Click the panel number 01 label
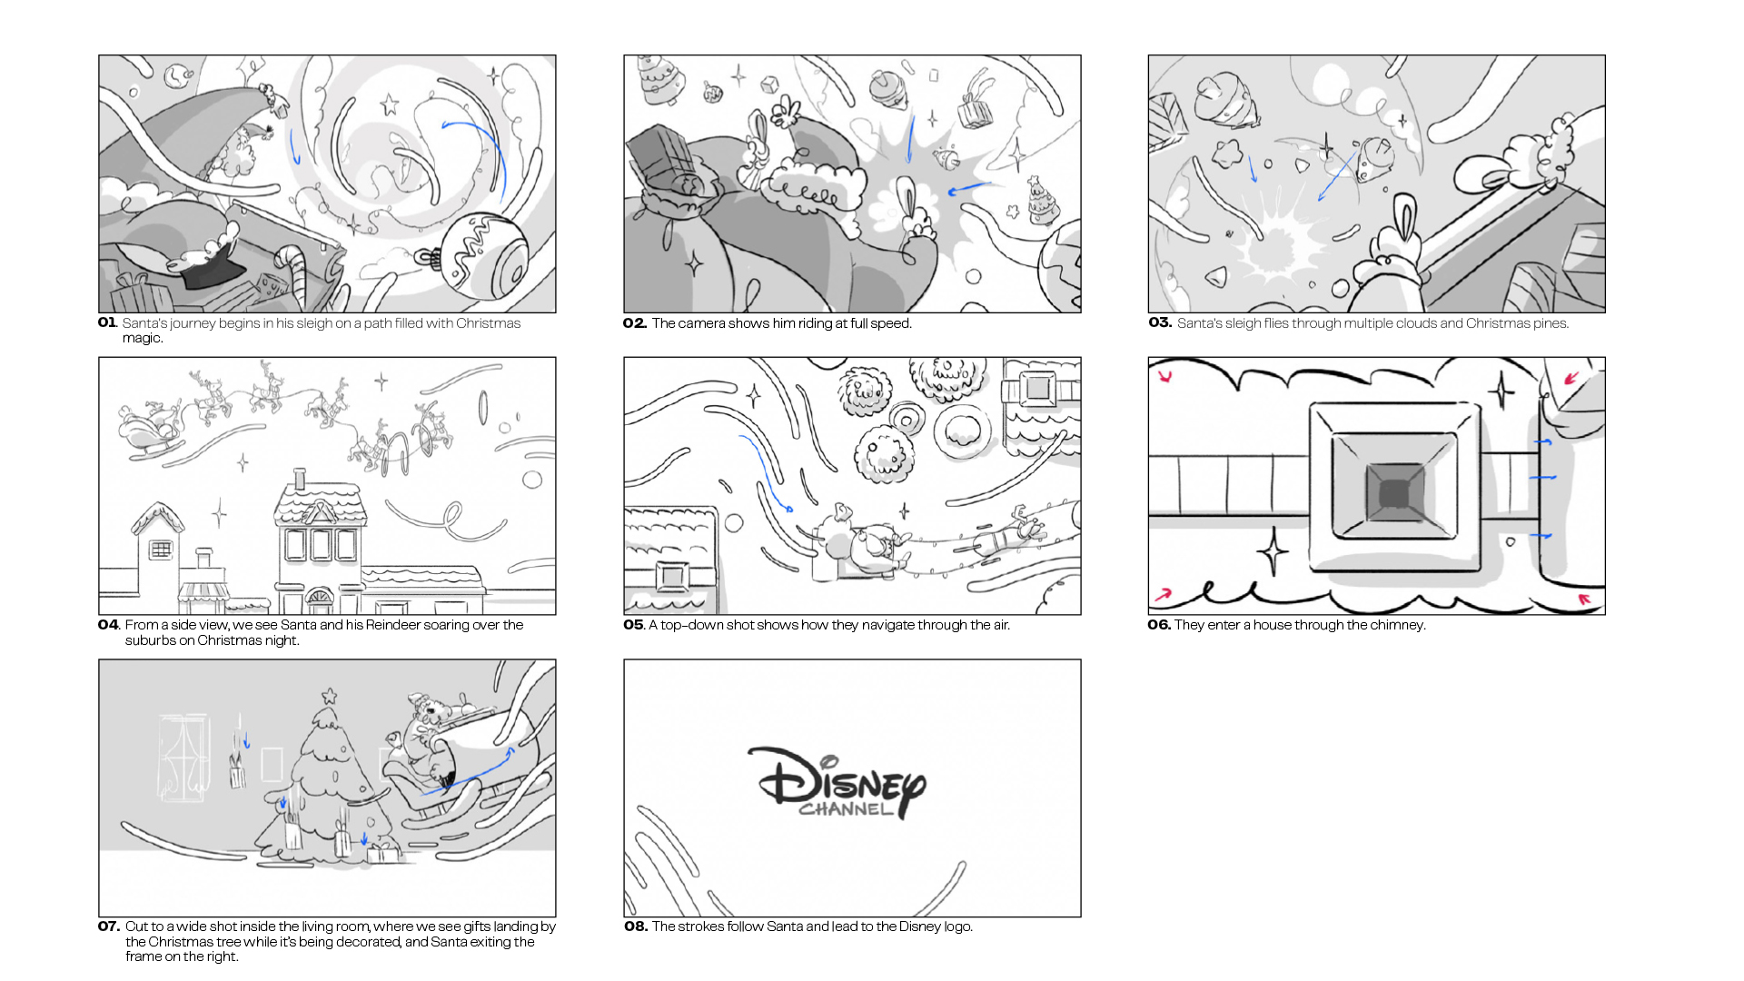(x=107, y=322)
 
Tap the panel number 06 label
(x=1159, y=625)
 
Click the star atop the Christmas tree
(x=329, y=698)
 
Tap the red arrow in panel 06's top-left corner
(x=1165, y=375)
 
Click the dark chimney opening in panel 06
(x=1393, y=494)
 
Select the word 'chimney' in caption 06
(x=1399, y=625)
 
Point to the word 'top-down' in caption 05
(x=692, y=625)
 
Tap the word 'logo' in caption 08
(x=957, y=927)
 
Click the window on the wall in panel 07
(x=184, y=758)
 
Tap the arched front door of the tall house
(x=319, y=599)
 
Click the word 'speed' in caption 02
(x=891, y=323)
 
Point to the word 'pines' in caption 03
(x=1551, y=323)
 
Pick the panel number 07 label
(x=109, y=926)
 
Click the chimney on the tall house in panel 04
(x=300, y=480)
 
